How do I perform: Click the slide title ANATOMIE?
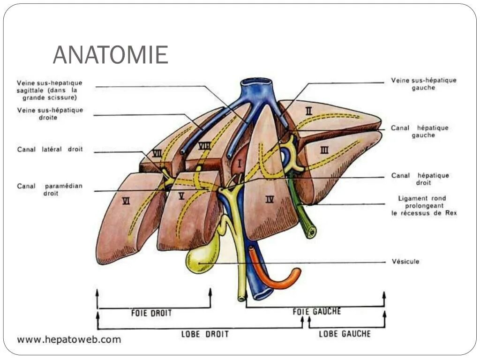(110, 55)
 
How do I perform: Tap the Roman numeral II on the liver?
(308, 111)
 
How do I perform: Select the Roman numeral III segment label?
(324, 150)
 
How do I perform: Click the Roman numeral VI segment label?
(126, 201)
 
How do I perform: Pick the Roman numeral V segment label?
(182, 196)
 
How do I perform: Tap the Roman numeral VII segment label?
(157, 153)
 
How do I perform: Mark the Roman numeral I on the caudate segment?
(240, 164)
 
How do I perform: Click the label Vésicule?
(405, 262)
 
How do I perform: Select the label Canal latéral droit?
(50, 150)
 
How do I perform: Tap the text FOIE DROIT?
(151, 313)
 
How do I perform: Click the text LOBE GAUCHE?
(345, 334)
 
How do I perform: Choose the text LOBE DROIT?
(205, 334)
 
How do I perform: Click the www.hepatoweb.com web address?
(69, 339)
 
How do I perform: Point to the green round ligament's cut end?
(311, 232)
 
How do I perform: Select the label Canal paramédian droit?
(50, 189)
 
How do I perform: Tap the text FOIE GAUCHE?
(316, 312)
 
